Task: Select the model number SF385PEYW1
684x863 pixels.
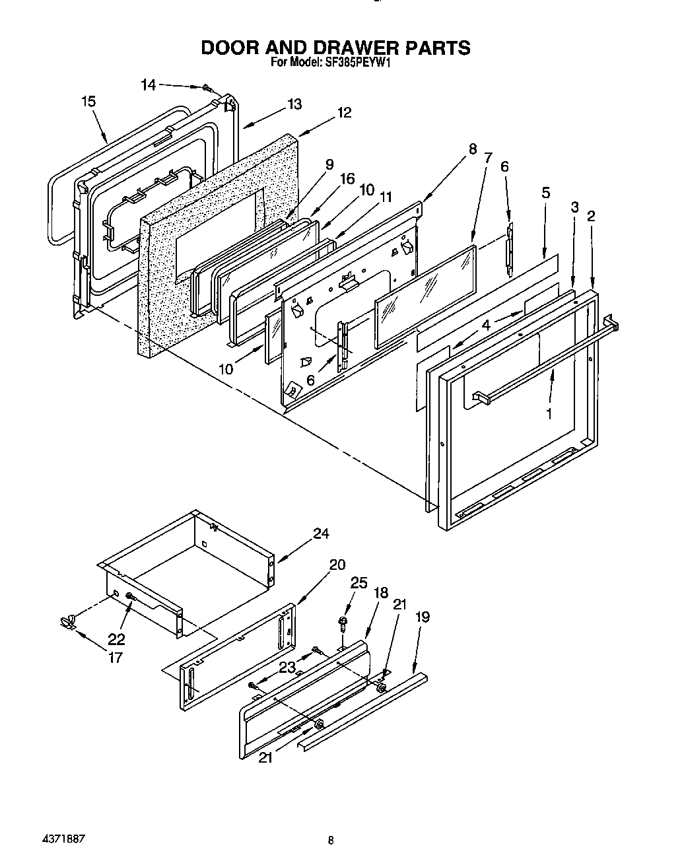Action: (357, 64)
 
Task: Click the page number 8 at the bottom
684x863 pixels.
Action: (331, 841)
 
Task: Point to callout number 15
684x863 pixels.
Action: (88, 102)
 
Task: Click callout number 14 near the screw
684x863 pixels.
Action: (149, 85)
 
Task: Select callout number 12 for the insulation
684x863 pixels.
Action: (344, 113)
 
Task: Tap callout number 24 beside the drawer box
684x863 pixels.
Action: (321, 534)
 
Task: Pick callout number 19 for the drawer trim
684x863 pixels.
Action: (423, 617)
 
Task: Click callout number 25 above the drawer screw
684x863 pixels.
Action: (358, 582)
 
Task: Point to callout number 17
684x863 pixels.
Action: (115, 657)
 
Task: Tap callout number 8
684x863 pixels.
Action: (472, 149)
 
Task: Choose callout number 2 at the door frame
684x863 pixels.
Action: (592, 216)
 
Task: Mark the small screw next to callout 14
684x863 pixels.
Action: (207, 87)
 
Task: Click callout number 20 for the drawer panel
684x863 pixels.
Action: (337, 565)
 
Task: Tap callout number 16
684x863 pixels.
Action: (347, 178)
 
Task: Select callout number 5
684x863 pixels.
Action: (545, 193)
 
